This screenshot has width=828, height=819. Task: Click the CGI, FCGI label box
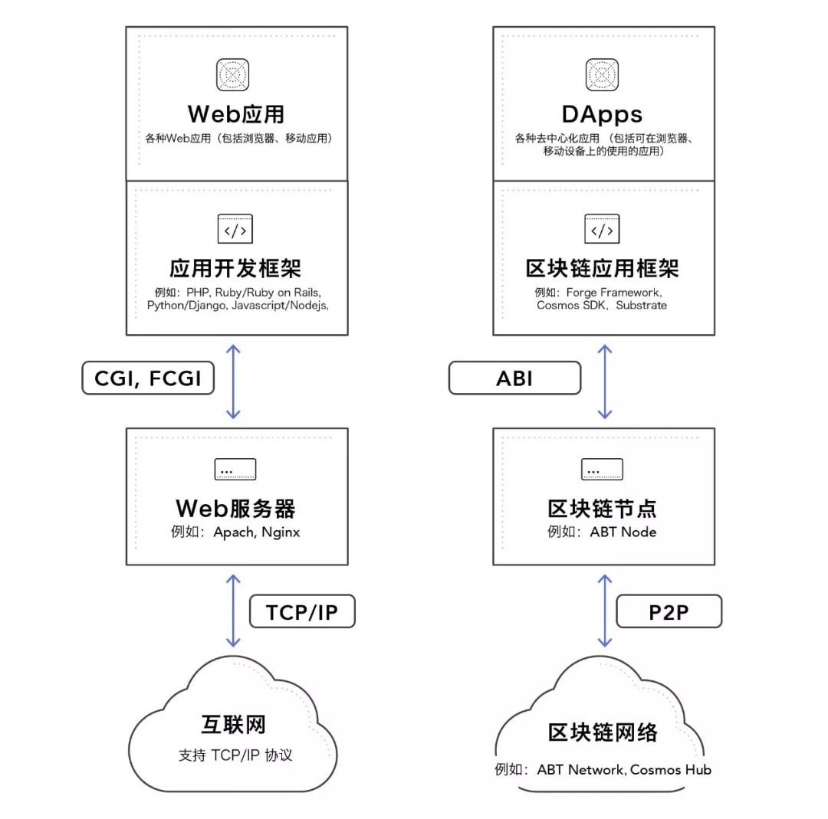click(x=148, y=378)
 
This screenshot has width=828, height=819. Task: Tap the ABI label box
click(x=514, y=378)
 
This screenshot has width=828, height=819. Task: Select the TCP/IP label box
click(x=302, y=612)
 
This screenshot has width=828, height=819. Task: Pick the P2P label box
click(x=669, y=612)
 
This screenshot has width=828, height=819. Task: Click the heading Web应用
click(x=236, y=114)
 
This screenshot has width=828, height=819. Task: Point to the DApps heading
click(x=603, y=114)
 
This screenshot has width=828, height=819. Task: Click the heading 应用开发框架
click(x=235, y=268)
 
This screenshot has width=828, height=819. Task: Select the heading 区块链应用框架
click(x=603, y=268)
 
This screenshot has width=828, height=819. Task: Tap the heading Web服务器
click(x=235, y=508)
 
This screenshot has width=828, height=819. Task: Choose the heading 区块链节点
click(x=603, y=508)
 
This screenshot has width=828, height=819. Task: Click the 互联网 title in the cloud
click(x=234, y=725)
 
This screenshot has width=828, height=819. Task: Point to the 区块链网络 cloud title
click(x=603, y=732)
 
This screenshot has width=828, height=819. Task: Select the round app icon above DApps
click(x=603, y=75)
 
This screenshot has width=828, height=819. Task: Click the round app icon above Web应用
click(x=233, y=75)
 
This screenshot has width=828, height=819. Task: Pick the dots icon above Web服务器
click(x=235, y=470)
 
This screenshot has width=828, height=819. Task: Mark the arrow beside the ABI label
click(x=605, y=382)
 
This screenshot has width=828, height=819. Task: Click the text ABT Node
click(x=623, y=532)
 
